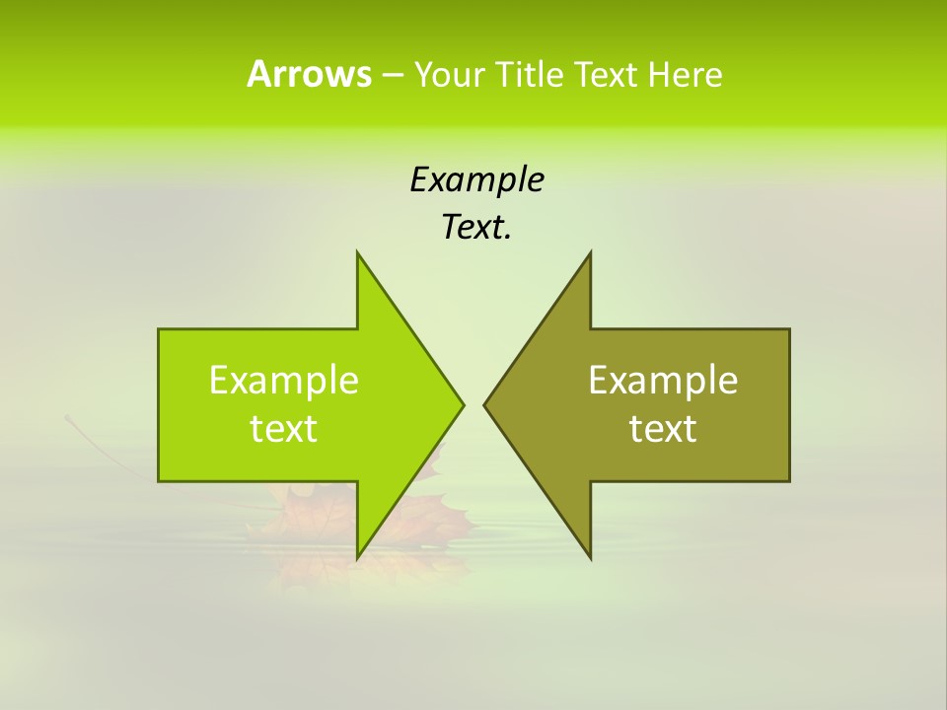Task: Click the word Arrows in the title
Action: coord(308,74)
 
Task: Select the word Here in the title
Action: coord(685,75)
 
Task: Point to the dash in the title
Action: coord(392,75)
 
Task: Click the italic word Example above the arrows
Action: coord(476,179)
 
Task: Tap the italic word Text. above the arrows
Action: coord(476,227)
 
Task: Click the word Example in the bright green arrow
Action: coord(284,381)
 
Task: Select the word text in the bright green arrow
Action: coord(284,429)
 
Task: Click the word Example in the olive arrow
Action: coord(663,381)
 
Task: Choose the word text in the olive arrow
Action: coord(663,429)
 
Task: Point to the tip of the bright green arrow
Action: coord(462,404)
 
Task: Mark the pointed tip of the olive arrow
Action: coord(485,404)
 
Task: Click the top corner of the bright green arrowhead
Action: coord(358,254)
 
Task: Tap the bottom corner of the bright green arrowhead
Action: coord(358,556)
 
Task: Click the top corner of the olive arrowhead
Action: coord(590,254)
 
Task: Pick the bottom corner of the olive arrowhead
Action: coord(590,556)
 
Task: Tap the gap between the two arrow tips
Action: coord(473,404)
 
